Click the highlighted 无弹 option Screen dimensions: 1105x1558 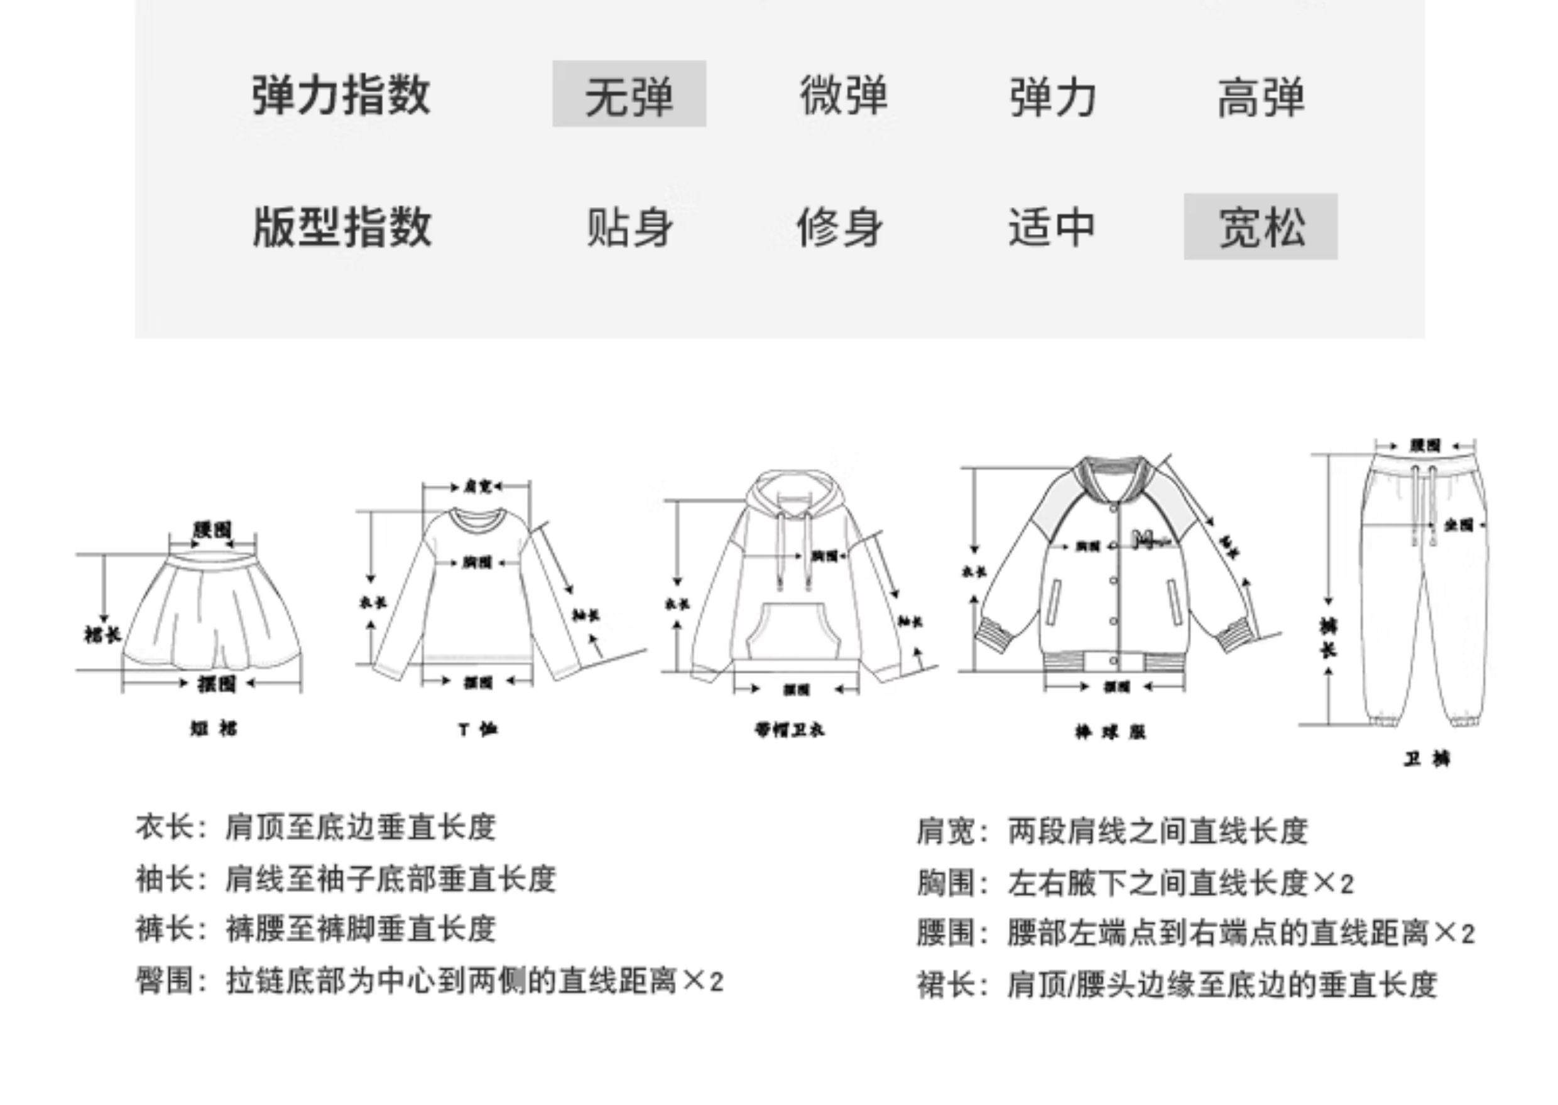pyautogui.click(x=628, y=95)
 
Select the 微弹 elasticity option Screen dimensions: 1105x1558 pyautogui.click(x=843, y=95)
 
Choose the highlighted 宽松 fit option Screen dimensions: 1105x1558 pyautogui.click(x=1261, y=227)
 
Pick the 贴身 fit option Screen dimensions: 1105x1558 pyautogui.click(x=629, y=227)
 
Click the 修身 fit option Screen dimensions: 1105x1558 pyautogui.click(x=840, y=227)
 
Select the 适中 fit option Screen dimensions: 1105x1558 pyautogui.click(x=1052, y=227)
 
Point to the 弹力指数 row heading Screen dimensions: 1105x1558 pyautogui.click(x=341, y=95)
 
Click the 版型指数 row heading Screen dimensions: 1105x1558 pyautogui.click(x=342, y=227)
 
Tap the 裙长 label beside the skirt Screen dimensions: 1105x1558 pyautogui.click(x=102, y=635)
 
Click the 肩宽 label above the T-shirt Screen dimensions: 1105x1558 pyautogui.click(x=477, y=487)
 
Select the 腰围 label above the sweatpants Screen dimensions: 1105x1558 pyautogui.click(x=1425, y=446)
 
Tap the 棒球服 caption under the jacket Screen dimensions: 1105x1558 pyautogui.click(x=1110, y=732)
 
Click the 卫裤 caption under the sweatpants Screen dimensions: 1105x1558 pyautogui.click(x=1427, y=758)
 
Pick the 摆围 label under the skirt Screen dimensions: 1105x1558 pyautogui.click(x=217, y=683)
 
